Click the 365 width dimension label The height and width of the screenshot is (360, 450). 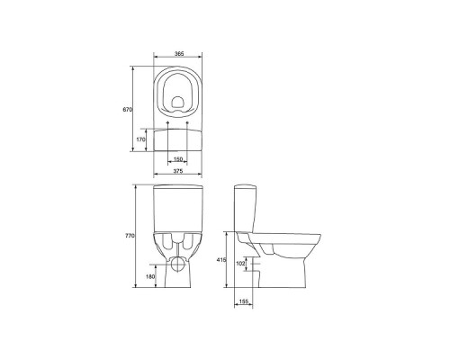point(179,54)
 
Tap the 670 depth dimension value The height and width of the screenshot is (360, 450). point(127,110)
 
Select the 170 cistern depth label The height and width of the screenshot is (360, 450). point(140,139)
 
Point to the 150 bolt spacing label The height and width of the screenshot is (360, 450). point(178,159)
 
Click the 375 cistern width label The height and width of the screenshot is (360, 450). point(178,171)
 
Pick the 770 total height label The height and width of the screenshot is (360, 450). point(130,236)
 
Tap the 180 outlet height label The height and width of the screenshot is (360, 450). point(150,276)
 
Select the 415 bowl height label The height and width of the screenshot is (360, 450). point(221,260)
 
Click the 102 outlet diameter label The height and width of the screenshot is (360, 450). point(240,264)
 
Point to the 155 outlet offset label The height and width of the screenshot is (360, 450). point(244,301)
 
